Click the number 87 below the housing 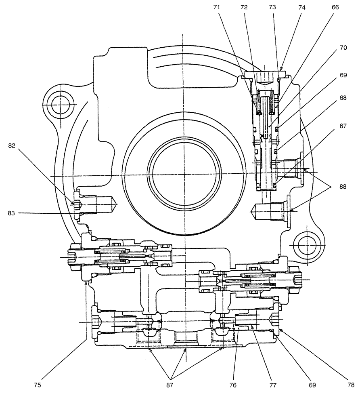tap(170, 385)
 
